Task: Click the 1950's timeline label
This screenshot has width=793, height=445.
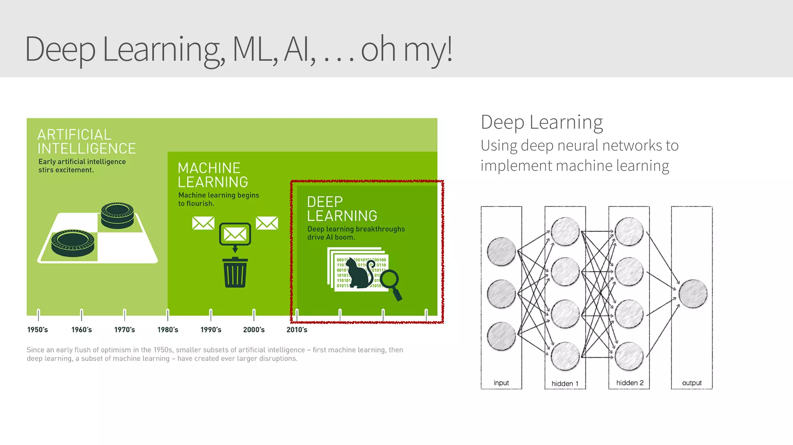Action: point(38,330)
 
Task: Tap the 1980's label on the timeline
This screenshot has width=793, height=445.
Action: point(168,330)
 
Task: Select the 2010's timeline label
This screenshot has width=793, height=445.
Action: point(297,330)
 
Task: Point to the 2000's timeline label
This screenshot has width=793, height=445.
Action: point(254,330)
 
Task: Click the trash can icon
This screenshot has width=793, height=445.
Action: point(235,273)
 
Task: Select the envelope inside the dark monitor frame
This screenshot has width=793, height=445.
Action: point(235,234)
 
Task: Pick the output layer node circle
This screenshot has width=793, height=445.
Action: point(693,294)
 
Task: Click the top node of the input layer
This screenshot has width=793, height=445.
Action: point(501,251)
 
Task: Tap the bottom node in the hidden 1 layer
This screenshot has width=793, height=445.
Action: point(565,356)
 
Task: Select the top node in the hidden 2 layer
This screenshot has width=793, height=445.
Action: point(629,232)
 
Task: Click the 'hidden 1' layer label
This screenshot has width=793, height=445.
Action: point(565,384)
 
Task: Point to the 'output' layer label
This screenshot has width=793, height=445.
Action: point(692,383)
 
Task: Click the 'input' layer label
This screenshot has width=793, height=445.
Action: point(501,383)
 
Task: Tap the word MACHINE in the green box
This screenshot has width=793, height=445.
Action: point(209,168)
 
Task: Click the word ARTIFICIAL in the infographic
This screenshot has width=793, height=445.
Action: point(74,135)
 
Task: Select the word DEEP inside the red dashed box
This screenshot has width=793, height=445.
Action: point(325,202)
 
